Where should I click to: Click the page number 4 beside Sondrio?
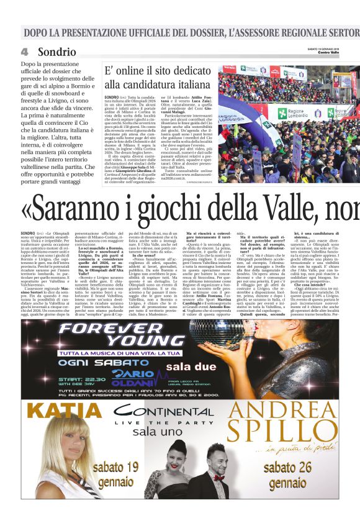click(25, 52)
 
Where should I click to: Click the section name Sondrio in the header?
click(57, 52)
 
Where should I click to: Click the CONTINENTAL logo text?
click(164, 412)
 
